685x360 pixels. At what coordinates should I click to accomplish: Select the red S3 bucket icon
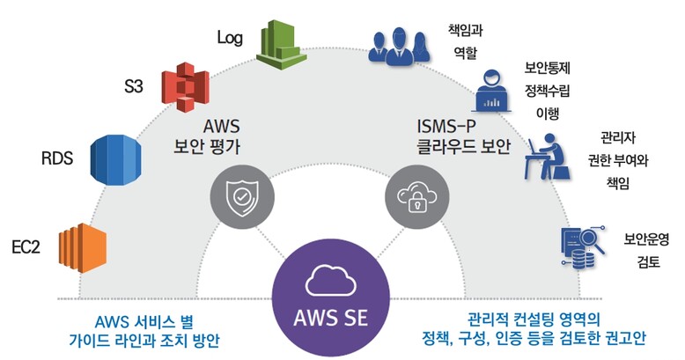coord(183,87)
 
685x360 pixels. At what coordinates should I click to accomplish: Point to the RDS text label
coord(58,159)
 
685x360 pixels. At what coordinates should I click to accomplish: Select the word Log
coord(231,38)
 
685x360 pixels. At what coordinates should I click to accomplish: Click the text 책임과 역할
coord(463,42)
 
